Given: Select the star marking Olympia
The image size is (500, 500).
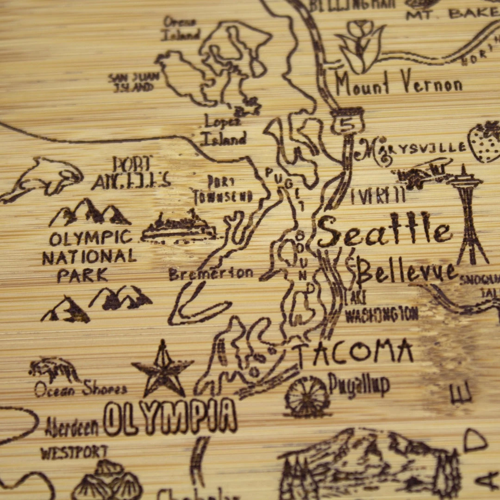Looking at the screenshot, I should pos(162,369).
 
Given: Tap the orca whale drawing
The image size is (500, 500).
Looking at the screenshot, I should pos(44,178).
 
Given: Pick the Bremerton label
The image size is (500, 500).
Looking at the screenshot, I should pos(211,274).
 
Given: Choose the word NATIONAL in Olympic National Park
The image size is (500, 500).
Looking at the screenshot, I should pos(89,257).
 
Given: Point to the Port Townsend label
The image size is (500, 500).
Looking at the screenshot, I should pos(223,190).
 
